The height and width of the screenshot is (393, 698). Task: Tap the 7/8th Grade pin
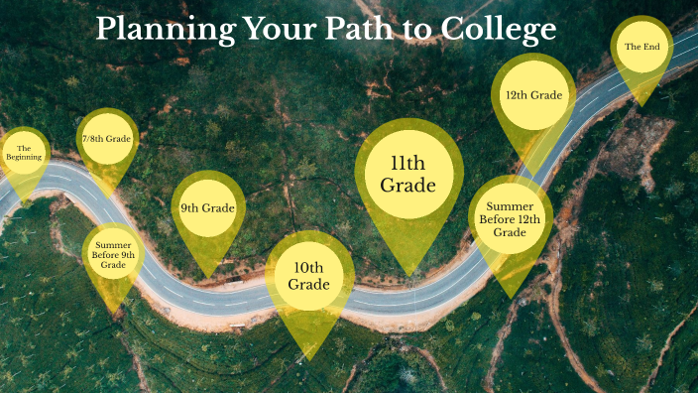click(x=105, y=139)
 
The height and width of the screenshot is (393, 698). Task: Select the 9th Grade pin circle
click(x=208, y=208)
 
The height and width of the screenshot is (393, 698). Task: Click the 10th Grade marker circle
click(x=308, y=277)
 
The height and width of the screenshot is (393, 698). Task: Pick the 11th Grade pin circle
click(x=408, y=175)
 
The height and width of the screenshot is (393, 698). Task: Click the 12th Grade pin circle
click(x=533, y=95)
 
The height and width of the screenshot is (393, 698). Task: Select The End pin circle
click(x=641, y=47)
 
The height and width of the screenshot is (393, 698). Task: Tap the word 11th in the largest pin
click(x=408, y=164)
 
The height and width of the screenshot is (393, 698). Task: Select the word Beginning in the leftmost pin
click(x=25, y=158)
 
